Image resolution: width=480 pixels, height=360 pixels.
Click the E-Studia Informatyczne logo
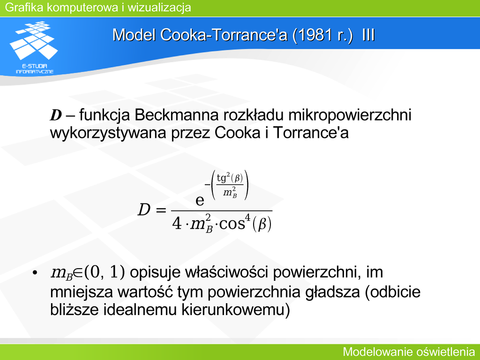[34, 47]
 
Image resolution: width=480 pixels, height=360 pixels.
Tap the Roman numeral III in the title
[368, 35]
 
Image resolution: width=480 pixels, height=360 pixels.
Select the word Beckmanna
[177, 115]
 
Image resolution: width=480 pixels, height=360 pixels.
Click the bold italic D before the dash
[56, 115]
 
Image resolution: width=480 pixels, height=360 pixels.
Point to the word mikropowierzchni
[350, 115]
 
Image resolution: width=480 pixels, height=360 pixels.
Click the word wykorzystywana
[108, 133]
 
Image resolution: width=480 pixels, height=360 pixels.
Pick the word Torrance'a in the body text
[310, 133]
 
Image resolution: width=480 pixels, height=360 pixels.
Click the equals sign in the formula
[161, 210]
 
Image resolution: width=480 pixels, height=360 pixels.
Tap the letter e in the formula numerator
[200, 201]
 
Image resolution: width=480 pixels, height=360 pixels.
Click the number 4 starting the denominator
[177, 224]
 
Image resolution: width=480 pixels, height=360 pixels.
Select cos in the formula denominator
[232, 224]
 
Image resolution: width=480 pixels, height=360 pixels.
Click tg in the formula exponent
[221, 178]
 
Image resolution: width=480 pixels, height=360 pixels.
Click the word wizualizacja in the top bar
[159, 7]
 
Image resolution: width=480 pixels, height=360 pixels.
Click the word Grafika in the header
[24, 7]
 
